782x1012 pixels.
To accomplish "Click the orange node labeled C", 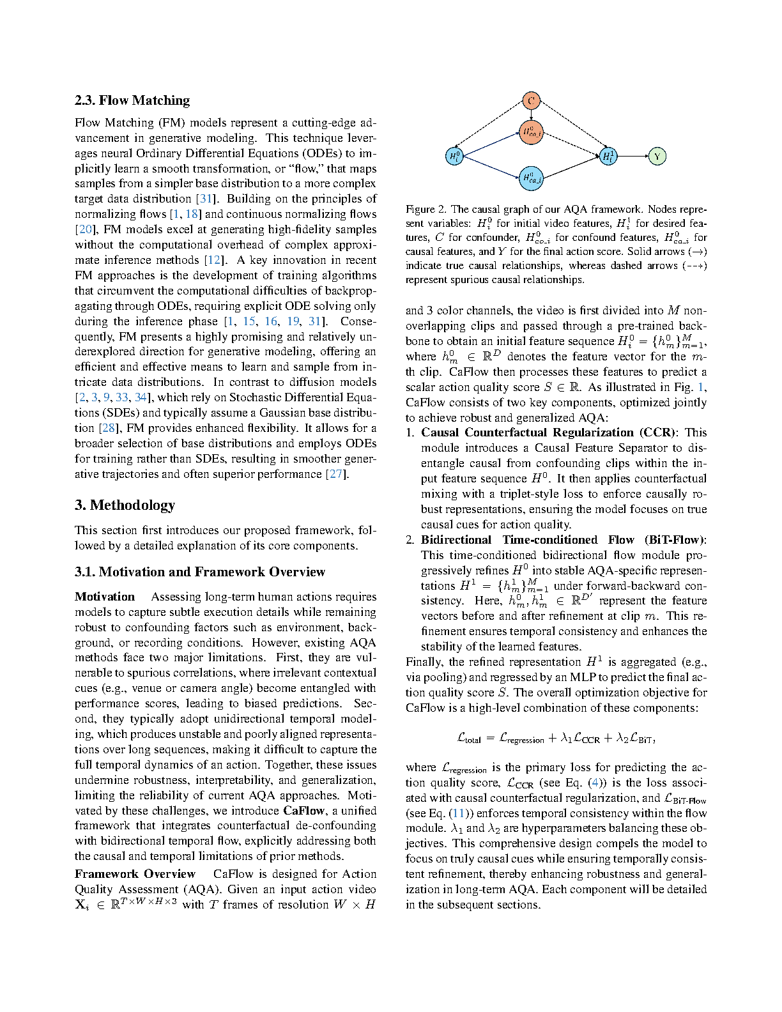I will click(531, 100).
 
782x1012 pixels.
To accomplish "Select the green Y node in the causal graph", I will click(657, 156).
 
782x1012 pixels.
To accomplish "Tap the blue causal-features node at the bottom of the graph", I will click(532, 178).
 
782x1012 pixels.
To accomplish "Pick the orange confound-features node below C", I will click(532, 132).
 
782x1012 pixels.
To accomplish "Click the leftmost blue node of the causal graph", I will click(454, 156).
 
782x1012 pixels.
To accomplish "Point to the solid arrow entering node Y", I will click(632, 156).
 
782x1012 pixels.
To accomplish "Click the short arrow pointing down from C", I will click(532, 114).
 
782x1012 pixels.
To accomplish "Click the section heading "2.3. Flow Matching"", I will click(132, 100).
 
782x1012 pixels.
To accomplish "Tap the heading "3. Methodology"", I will click(125, 505).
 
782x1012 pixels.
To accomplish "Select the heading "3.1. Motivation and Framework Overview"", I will click(200, 572).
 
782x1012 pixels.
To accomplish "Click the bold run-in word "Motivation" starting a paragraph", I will click(105, 597).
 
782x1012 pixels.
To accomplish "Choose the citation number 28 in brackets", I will click(108, 428).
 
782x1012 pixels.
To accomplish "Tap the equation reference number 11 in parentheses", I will click(458, 813).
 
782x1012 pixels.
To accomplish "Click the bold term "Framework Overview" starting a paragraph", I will click(135, 874).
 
